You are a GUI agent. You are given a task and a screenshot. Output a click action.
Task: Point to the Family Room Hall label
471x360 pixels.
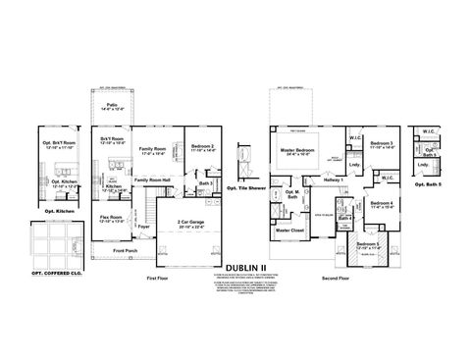pyautogui.click(x=153, y=180)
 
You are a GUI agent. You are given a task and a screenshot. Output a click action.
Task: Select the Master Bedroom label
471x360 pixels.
pyautogui.click(x=295, y=152)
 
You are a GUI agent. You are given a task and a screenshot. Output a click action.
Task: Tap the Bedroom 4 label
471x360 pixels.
pyautogui.click(x=381, y=204)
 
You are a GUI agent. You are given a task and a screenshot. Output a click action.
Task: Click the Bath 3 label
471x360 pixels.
pyautogui.click(x=204, y=182)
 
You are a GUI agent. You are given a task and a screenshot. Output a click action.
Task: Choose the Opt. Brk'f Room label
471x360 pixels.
pyautogui.click(x=58, y=144)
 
